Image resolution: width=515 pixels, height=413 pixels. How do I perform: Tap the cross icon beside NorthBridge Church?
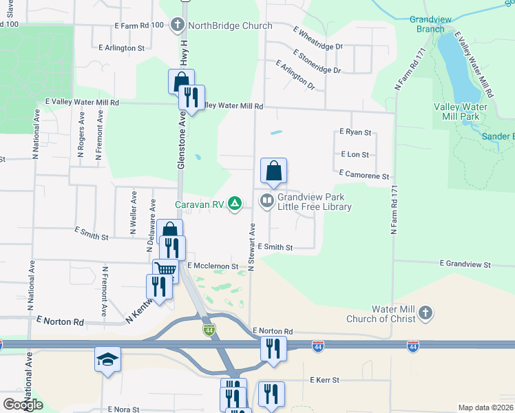click(178, 26)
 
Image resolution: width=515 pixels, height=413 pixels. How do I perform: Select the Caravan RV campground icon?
click(235, 203)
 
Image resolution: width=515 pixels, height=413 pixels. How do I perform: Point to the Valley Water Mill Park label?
click(461, 112)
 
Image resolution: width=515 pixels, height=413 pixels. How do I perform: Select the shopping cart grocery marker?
click(165, 269)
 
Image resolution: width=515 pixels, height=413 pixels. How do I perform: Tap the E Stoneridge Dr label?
click(317, 61)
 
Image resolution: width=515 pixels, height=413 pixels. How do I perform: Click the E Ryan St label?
click(355, 132)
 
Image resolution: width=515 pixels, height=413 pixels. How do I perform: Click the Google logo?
click(23, 405)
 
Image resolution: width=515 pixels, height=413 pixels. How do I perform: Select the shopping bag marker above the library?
click(273, 171)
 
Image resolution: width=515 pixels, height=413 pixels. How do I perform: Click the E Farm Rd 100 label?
click(139, 25)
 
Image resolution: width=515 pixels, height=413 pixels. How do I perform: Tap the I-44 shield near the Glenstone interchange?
click(209, 331)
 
